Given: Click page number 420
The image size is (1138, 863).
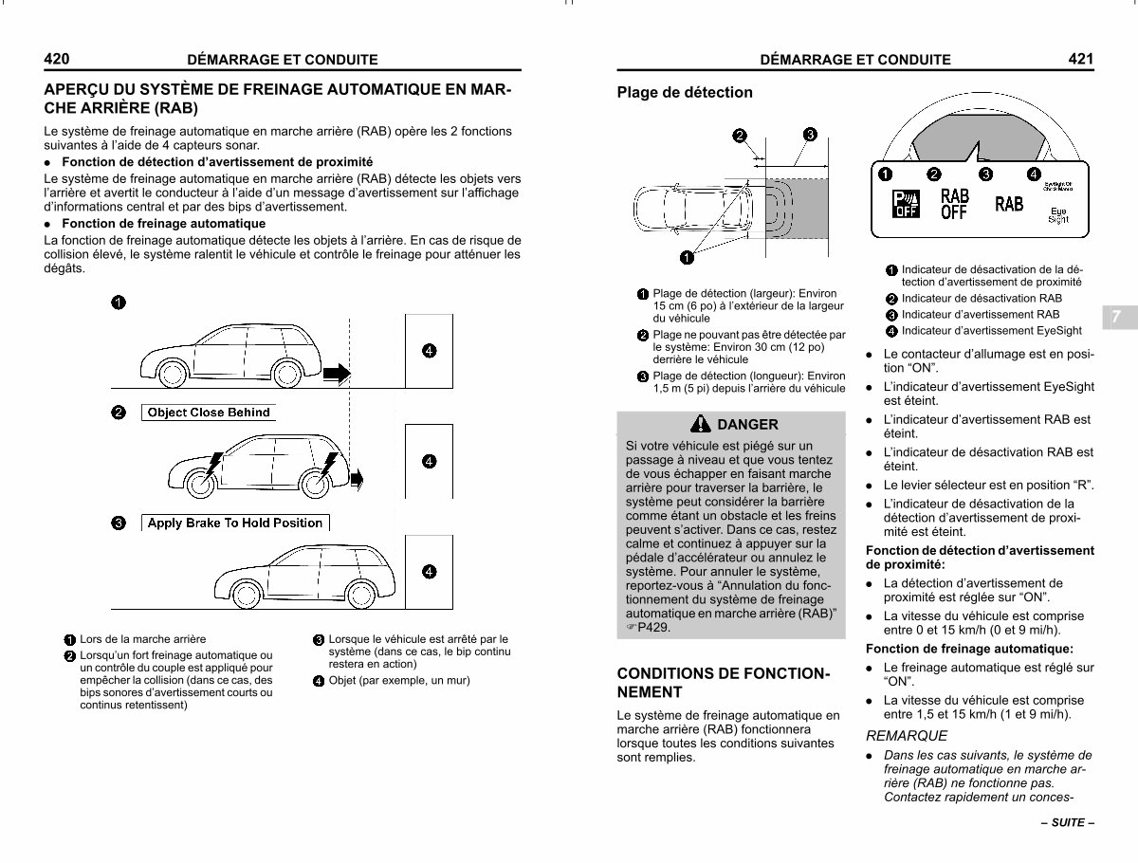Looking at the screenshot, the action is [x=57, y=59].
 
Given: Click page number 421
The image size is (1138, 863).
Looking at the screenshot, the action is [x=1081, y=59].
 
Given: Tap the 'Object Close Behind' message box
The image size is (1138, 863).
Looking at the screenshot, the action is [x=209, y=413].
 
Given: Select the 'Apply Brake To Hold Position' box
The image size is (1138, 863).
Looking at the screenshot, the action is [x=235, y=523].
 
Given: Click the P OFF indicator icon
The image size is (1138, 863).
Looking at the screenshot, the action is [x=906, y=204].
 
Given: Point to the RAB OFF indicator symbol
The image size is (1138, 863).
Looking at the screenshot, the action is [x=954, y=204].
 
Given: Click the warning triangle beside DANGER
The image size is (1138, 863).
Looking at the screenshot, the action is [x=701, y=424].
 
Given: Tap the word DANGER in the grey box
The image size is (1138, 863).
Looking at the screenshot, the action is [x=747, y=425].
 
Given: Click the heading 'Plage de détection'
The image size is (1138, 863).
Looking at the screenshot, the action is [x=685, y=92].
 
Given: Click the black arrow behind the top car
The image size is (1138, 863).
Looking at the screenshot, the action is [x=337, y=374].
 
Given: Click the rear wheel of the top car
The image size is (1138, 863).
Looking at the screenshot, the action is [x=287, y=374].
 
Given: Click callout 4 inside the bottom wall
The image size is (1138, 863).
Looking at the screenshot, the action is [x=429, y=572].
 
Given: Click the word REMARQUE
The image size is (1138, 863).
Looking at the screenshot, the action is [x=907, y=736].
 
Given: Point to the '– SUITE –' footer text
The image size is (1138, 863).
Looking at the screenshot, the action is [x=1068, y=822].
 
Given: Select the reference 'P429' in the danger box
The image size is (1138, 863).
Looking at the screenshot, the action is [x=652, y=627].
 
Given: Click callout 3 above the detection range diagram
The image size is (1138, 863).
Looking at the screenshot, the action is [x=810, y=135].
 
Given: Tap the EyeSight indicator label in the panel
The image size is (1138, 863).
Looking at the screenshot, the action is [x=1058, y=215].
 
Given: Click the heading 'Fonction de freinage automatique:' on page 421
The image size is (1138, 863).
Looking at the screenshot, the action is [x=969, y=649].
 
